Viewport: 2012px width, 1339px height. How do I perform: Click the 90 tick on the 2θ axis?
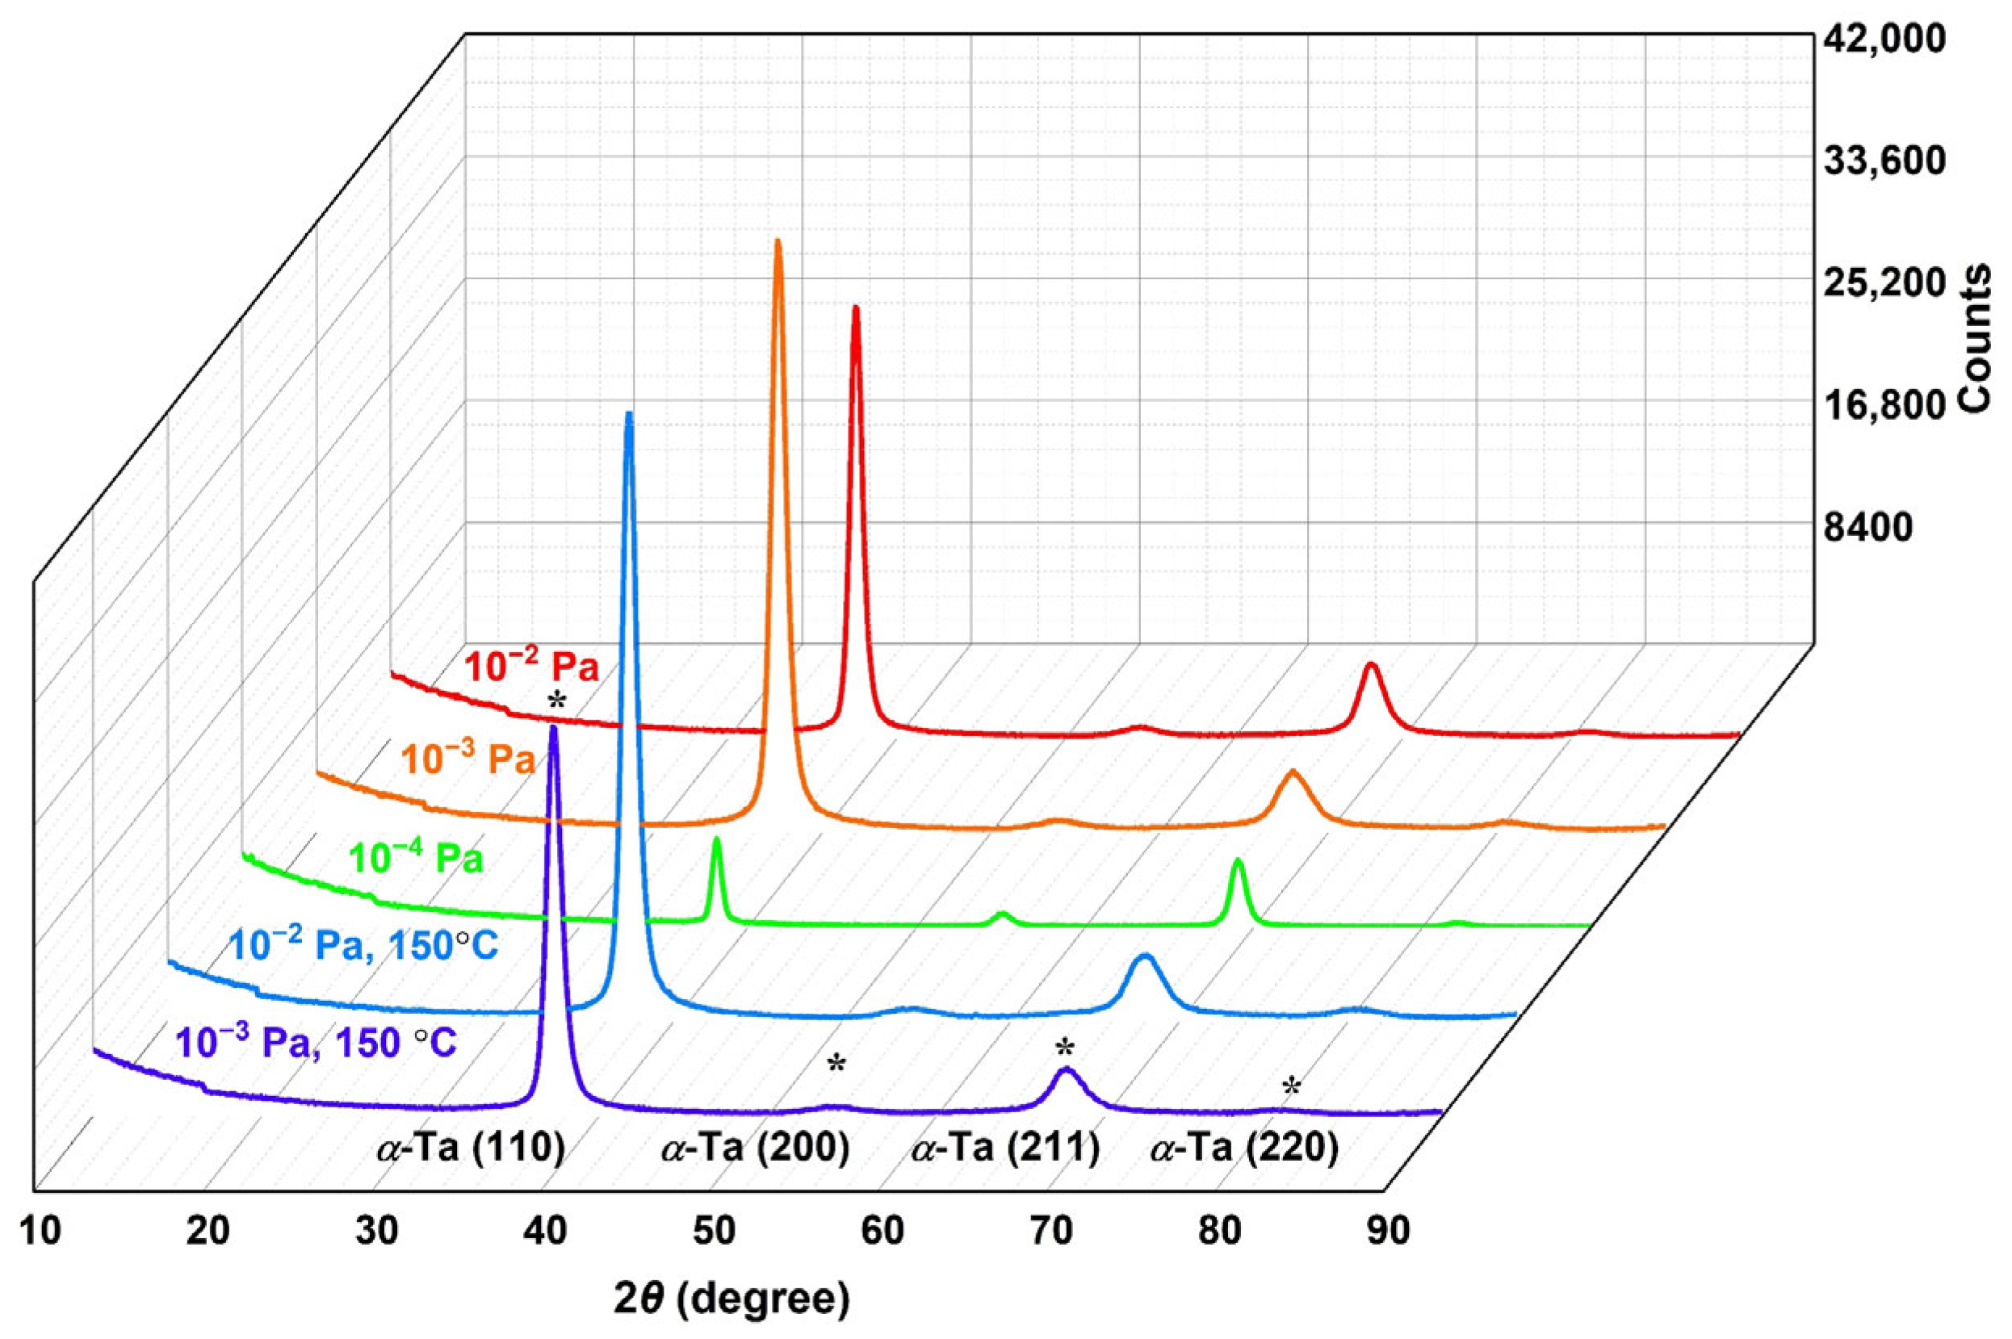[x=1387, y=1233]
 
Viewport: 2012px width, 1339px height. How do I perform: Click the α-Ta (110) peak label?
[x=471, y=1150]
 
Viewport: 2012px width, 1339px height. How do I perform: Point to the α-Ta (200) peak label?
[x=756, y=1150]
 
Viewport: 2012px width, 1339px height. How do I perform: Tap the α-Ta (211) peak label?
[x=1005, y=1150]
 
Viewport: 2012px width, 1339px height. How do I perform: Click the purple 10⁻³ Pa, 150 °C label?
[x=316, y=1043]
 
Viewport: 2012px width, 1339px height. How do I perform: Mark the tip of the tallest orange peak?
[x=778, y=242]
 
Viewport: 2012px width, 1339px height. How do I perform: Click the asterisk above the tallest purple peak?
[x=558, y=702]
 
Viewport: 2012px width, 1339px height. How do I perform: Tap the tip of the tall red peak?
[x=855, y=308]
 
